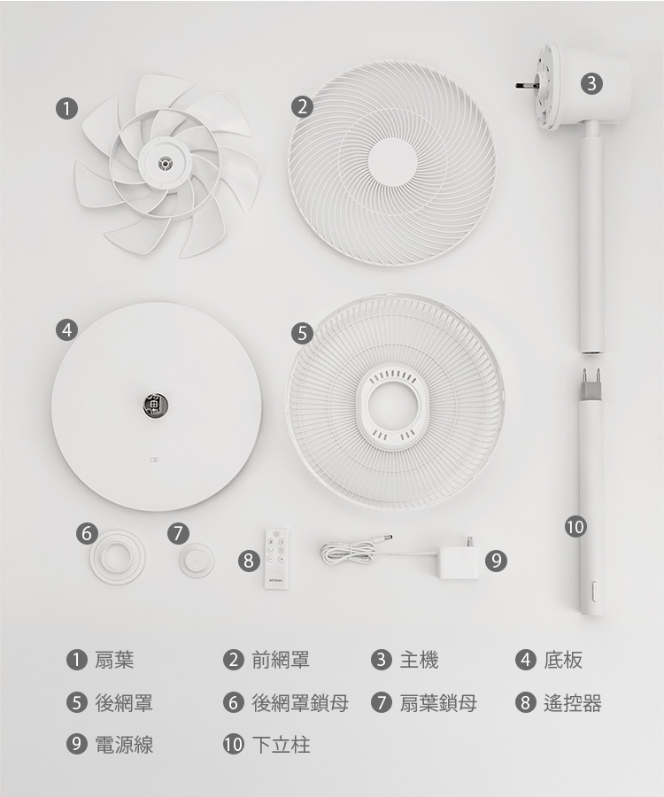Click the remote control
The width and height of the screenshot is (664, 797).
pos(276,559)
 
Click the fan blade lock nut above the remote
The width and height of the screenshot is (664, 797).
pos(197,561)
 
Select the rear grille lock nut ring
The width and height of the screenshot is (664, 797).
pos(118,557)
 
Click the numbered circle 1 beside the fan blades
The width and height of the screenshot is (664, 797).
pos(66,108)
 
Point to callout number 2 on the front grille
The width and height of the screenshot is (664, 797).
pos(302,107)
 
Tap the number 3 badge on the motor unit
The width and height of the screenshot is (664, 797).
pos(591,83)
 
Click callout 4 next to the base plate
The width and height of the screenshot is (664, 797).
pos(66,330)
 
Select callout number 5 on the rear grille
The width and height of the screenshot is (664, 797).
pos(302,334)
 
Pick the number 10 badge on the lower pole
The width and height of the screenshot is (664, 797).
pos(575,527)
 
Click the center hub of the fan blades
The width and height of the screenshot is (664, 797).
pos(164,163)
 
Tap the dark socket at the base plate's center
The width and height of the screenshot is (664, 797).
pos(156,405)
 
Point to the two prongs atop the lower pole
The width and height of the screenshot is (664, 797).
pos(591,376)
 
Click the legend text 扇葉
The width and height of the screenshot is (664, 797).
pos(114,660)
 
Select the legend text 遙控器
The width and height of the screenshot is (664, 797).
pos(573,703)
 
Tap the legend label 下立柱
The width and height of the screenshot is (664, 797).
pos(281,745)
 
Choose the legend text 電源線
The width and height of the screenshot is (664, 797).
pos(124,745)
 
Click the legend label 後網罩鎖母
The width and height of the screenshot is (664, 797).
pos(300,703)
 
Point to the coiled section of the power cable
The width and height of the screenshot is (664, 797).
pos(348,552)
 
